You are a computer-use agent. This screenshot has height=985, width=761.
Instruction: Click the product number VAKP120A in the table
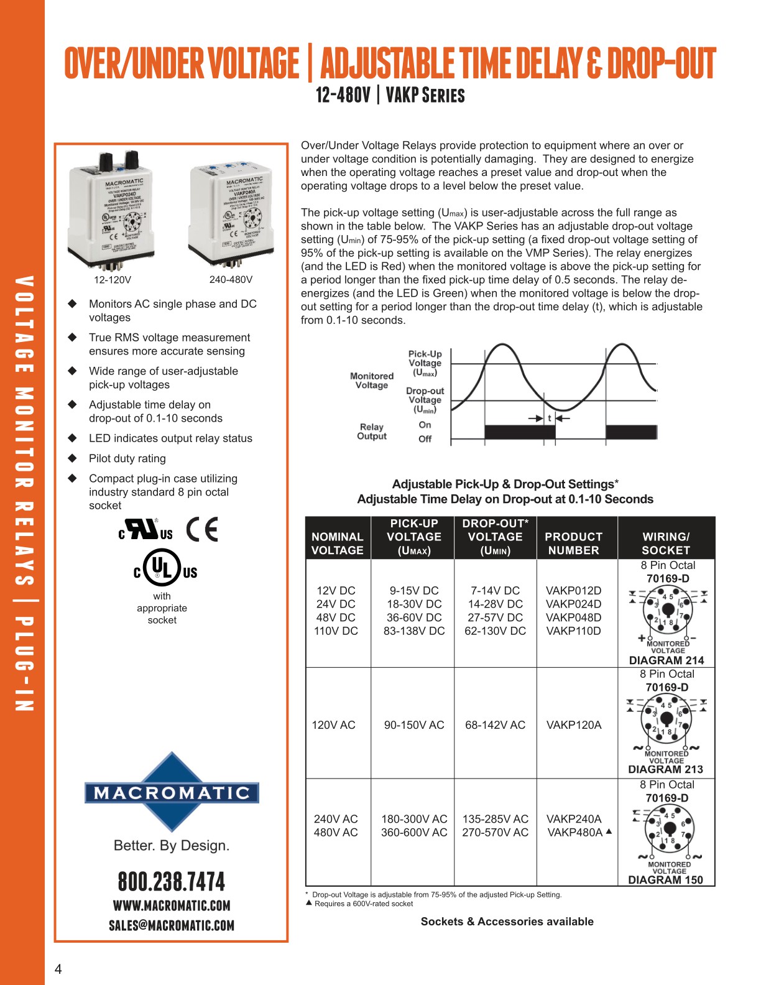(573, 724)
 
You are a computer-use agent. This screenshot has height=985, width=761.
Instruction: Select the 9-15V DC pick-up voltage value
(414, 590)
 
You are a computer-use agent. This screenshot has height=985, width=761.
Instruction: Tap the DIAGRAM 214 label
(666, 660)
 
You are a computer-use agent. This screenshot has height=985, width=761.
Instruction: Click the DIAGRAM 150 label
(665, 880)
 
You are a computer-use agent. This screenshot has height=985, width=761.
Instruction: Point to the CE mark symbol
(203, 530)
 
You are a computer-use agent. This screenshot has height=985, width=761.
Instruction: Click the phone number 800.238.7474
(172, 881)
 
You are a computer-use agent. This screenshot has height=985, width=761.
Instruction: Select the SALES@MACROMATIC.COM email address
(172, 925)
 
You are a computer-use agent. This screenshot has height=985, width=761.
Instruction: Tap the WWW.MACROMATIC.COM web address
(172, 905)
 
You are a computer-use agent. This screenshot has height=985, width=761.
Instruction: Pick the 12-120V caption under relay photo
(113, 280)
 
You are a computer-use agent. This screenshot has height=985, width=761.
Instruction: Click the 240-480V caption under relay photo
(231, 280)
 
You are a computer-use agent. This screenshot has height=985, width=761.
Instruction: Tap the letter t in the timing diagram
(550, 419)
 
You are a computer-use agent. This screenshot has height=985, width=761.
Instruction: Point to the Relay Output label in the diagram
(371, 432)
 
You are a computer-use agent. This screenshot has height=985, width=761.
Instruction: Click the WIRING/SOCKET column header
(666, 543)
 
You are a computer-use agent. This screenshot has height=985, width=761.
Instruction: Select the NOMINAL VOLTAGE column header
(337, 543)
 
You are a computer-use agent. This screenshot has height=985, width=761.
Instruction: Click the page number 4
(58, 969)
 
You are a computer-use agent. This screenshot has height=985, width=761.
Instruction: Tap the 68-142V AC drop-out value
(495, 724)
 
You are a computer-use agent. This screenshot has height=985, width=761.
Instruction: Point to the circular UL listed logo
(162, 567)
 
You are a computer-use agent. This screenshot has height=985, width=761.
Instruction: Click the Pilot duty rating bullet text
(127, 458)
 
